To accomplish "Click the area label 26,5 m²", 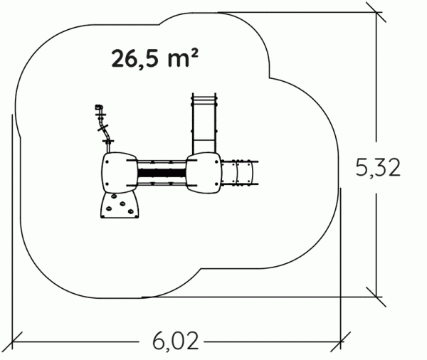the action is [154, 58].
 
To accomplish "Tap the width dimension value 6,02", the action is [175, 341].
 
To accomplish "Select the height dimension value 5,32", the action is [378, 167].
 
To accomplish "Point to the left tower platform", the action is [120, 173].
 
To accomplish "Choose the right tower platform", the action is [204, 173].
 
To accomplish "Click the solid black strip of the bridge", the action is [162, 173].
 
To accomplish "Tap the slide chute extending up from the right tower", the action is [204, 123].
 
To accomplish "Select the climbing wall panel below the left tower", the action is [120, 206].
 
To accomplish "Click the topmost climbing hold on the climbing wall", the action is [114, 196].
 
